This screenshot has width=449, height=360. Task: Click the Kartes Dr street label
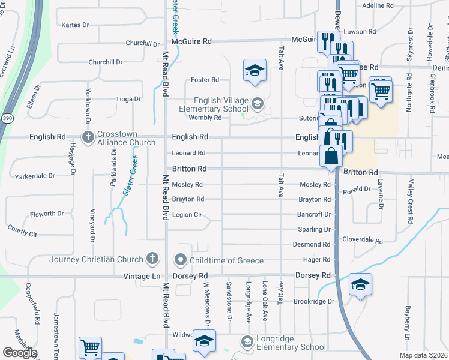(75, 25)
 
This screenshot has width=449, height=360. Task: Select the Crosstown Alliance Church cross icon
(88, 137)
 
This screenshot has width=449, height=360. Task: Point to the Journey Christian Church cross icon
(152, 259)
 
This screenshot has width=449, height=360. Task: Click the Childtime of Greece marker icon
(180, 260)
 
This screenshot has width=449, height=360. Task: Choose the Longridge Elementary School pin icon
(247, 341)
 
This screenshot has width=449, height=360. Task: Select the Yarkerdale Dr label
(35, 176)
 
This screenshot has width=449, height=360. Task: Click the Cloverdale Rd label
(362, 240)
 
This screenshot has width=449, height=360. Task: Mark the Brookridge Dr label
(313, 301)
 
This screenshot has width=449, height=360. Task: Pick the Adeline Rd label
(378, 5)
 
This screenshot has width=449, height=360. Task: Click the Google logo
(20, 353)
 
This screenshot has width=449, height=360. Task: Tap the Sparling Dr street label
(314, 229)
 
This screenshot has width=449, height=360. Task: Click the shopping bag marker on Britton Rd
(331, 157)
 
